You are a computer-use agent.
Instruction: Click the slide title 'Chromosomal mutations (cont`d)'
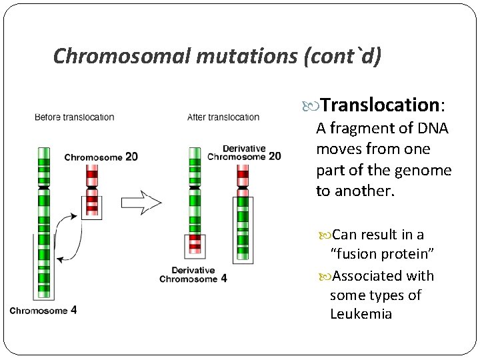(217, 56)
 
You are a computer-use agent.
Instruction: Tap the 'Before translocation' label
(74, 117)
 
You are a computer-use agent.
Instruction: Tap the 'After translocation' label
(223, 117)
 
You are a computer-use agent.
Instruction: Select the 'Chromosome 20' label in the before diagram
(101, 157)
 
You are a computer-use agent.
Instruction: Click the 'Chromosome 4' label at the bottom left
(43, 310)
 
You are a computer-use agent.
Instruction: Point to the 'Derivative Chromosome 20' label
(244, 153)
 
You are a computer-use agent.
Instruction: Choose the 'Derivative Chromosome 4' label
(193, 274)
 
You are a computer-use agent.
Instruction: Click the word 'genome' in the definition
(423, 170)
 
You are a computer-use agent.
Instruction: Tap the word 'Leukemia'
(361, 314)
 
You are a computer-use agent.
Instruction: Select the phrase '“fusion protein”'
(383, 254)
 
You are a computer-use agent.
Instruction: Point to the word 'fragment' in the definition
(363, 128)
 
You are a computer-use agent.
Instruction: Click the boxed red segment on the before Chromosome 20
(91, 207)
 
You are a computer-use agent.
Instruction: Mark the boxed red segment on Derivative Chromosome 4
(195, 245)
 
